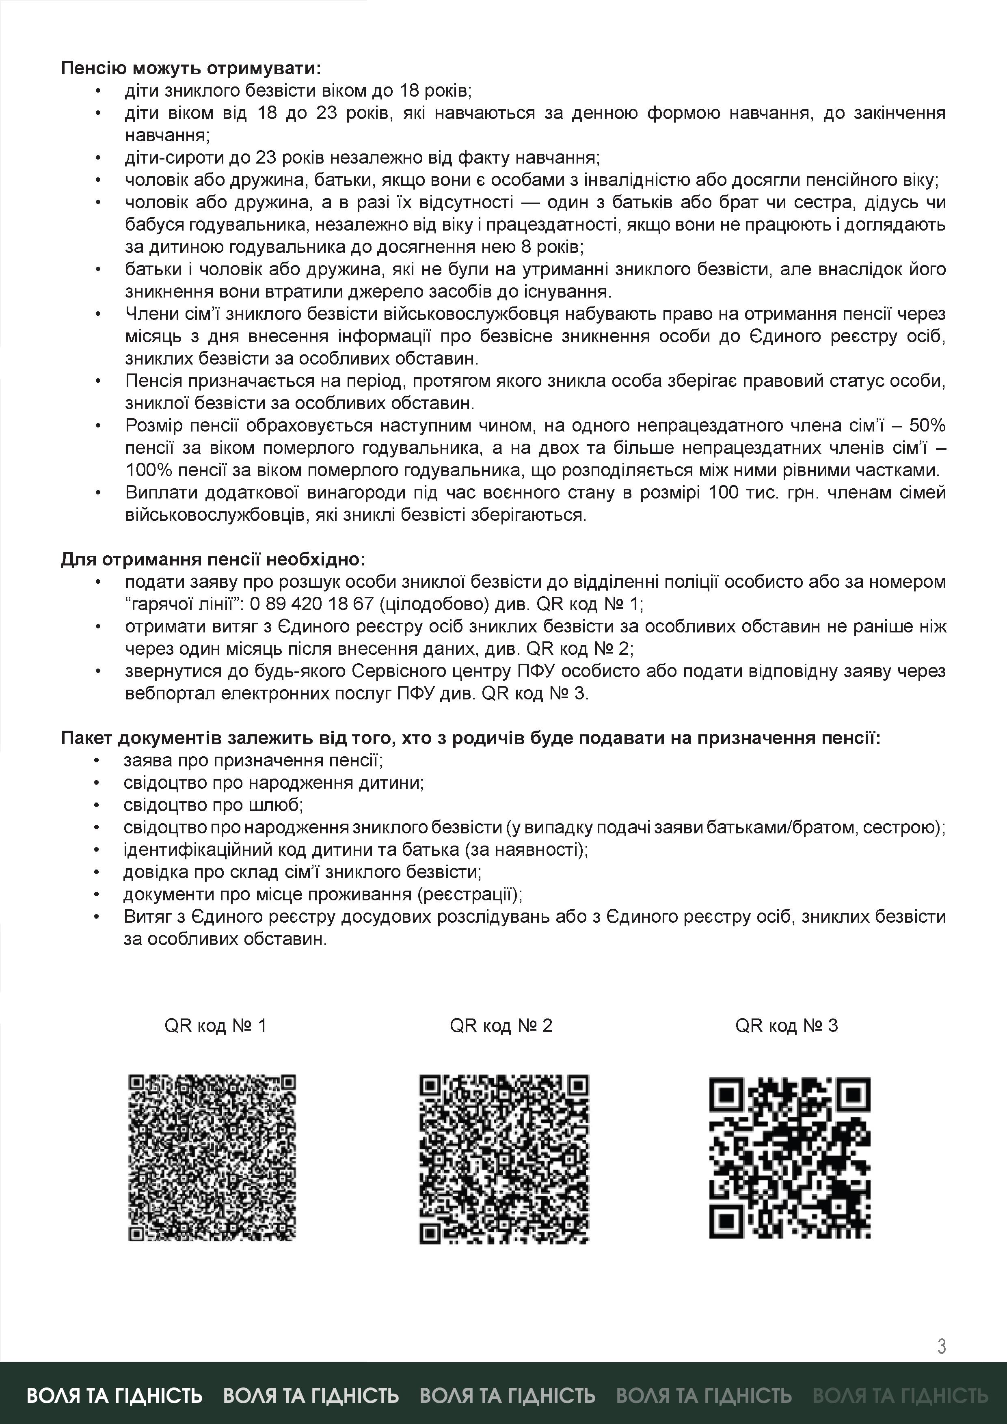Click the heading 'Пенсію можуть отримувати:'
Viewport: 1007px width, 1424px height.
point(191,68)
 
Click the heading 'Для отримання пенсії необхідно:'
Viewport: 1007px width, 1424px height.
point(213,559)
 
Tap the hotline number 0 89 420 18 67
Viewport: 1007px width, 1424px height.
point(311,604)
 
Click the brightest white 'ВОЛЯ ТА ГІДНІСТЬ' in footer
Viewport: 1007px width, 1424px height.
point(115,1396)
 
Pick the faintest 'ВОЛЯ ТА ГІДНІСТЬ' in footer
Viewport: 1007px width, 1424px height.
point(900,1396)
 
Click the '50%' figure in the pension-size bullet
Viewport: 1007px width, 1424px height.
point(927,425)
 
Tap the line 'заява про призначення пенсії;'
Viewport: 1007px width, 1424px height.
point(253,760)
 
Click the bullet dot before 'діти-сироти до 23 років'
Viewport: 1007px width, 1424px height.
point(97,158)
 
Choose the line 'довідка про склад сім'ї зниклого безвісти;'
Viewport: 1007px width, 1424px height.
point(302,872)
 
